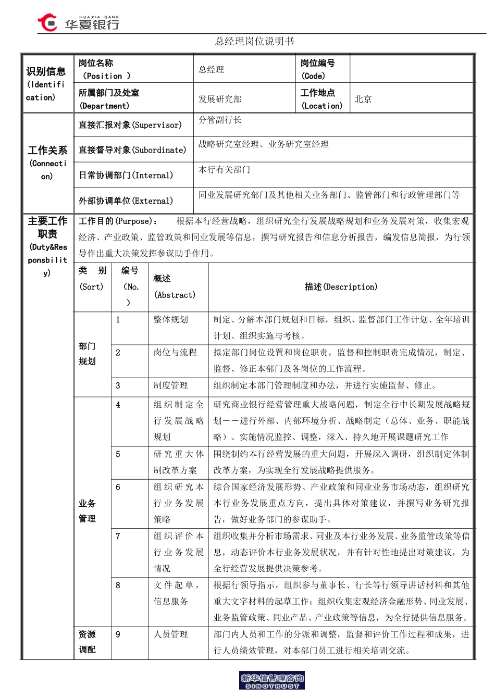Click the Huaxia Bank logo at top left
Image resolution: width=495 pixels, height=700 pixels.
point(78,23)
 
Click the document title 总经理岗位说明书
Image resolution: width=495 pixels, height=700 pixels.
point(254,41)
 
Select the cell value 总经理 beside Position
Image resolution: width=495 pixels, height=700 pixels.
point(211,70)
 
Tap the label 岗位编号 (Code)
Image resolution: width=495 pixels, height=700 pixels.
point(317,69)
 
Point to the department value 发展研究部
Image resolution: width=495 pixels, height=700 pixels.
point(220,99)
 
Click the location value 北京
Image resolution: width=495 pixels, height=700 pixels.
point(363,99)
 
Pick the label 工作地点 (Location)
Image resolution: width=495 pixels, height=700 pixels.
point(321,99)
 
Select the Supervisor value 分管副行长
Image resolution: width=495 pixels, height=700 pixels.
point(220,120)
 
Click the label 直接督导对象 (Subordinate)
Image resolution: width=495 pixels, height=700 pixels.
point(132,150)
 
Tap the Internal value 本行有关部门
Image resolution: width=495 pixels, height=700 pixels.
point(224,170)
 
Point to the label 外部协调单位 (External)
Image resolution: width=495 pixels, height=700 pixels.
point(126,201)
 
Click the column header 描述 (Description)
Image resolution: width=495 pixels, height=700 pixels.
point(341,287)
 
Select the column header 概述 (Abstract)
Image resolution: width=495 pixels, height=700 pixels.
point(175,287)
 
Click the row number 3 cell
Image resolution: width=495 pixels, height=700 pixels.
point(118,386)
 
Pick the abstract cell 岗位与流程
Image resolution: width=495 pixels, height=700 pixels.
point(175,353)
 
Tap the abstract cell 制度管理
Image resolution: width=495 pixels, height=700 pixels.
point(170,385)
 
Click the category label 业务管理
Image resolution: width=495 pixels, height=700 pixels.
point(87,511)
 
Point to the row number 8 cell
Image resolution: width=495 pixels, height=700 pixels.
point(118,585)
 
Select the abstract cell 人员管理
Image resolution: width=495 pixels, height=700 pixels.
point(170,634)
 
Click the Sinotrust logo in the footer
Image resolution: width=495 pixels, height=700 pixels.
point(272,681)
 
